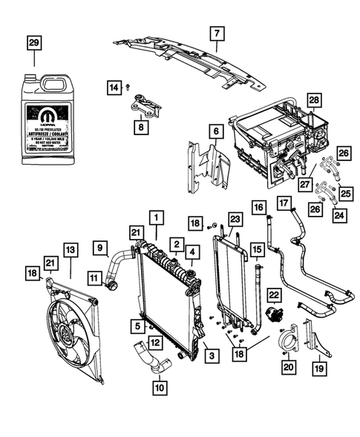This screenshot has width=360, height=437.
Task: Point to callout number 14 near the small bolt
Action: pos(114,88)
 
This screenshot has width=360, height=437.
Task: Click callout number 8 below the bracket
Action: pos(140,128)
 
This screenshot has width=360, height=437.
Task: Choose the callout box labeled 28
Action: pos(314,100)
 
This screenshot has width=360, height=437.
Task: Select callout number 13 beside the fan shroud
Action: pos(70,250)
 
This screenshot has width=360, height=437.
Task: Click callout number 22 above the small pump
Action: pos(273,295)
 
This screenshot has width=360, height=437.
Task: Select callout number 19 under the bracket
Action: pos(318,366)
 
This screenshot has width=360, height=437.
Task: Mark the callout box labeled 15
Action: pos(258,250)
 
